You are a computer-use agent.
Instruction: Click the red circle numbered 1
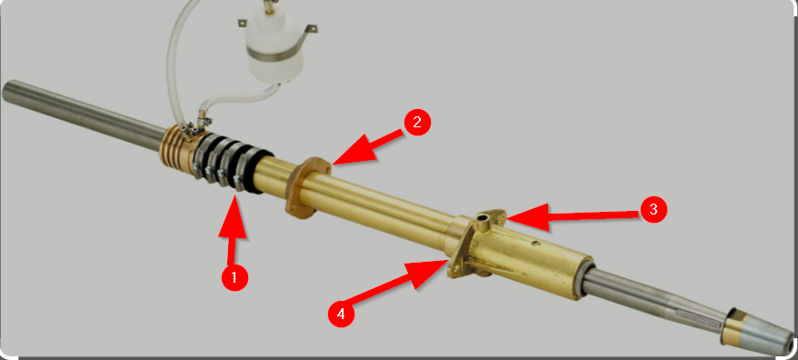[x=234, y=277]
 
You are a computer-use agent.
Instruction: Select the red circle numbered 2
[x=416, y=124]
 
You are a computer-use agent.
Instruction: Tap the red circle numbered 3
[x=652, y=210]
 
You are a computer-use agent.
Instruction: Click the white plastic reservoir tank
[x=272, y=50]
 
